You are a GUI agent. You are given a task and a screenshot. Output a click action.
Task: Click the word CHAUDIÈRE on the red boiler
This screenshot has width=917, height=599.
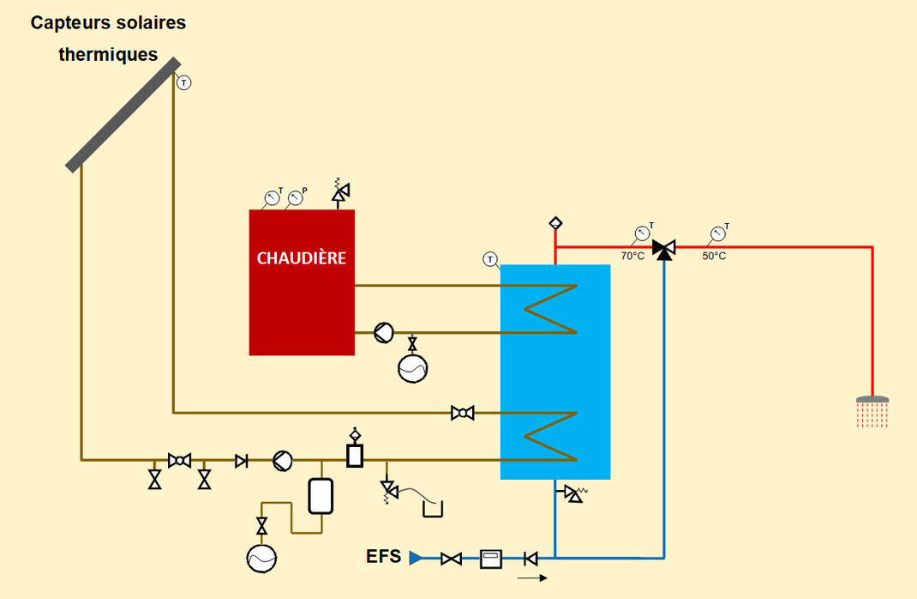click(x=302, y=257)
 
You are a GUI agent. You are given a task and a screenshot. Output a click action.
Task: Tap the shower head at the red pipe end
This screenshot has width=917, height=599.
click(x=872, y=401)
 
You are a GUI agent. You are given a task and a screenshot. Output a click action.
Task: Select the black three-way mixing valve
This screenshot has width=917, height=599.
click(x=663, y=249)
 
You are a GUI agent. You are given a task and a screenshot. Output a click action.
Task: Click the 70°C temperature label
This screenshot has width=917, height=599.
click(x=632, y=256)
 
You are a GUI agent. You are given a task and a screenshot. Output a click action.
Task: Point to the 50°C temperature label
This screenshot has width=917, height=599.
click(x=714, y=256)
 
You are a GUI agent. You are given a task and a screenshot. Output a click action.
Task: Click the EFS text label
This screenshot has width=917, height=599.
click(x=383, y=556)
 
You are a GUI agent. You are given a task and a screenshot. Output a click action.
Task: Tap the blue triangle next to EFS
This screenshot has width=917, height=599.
click(x=416, y=559)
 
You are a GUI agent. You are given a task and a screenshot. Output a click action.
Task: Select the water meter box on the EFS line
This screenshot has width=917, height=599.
click(x=491, y=559)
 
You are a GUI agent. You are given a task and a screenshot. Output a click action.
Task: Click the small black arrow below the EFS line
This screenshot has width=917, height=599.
click(x=532, y=578)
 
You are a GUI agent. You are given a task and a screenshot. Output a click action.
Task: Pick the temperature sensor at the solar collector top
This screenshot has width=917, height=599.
click(x=183, y=82)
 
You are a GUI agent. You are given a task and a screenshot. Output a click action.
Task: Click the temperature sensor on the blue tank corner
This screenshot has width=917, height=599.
click(x=490, y=258)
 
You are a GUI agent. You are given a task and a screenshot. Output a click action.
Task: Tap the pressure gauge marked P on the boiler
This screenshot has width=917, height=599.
click(x=295, y=198)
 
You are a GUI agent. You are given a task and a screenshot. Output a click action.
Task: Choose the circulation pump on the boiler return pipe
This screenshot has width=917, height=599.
click(x=383, y=333)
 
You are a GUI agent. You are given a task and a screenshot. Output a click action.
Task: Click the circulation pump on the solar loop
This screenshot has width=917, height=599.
click(x=282, y=461)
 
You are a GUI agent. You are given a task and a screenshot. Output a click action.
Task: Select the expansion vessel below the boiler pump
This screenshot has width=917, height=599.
click(x=412, y=367)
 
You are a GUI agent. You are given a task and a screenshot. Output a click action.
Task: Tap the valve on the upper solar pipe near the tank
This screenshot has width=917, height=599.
click(x=463, y=414)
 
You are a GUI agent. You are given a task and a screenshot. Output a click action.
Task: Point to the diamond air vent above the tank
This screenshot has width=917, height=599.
click(x=555, y=223)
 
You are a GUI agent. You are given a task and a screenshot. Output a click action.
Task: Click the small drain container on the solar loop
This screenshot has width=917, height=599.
click(x=434, y=510)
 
